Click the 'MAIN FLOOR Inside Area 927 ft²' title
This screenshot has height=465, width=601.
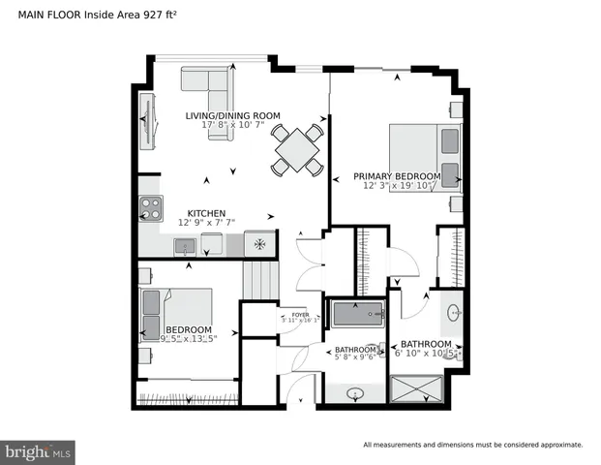click(92, 15)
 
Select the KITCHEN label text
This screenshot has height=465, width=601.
click(206, 213)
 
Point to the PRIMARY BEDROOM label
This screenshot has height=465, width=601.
click(396, 176)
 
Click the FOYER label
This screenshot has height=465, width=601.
click(300, 313)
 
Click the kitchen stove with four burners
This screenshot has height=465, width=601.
click(151, 206)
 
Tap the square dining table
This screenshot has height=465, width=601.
click(297, 150)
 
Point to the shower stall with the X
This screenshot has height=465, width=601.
click(416, 389)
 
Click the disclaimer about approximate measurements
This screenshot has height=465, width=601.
click(473, 445)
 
